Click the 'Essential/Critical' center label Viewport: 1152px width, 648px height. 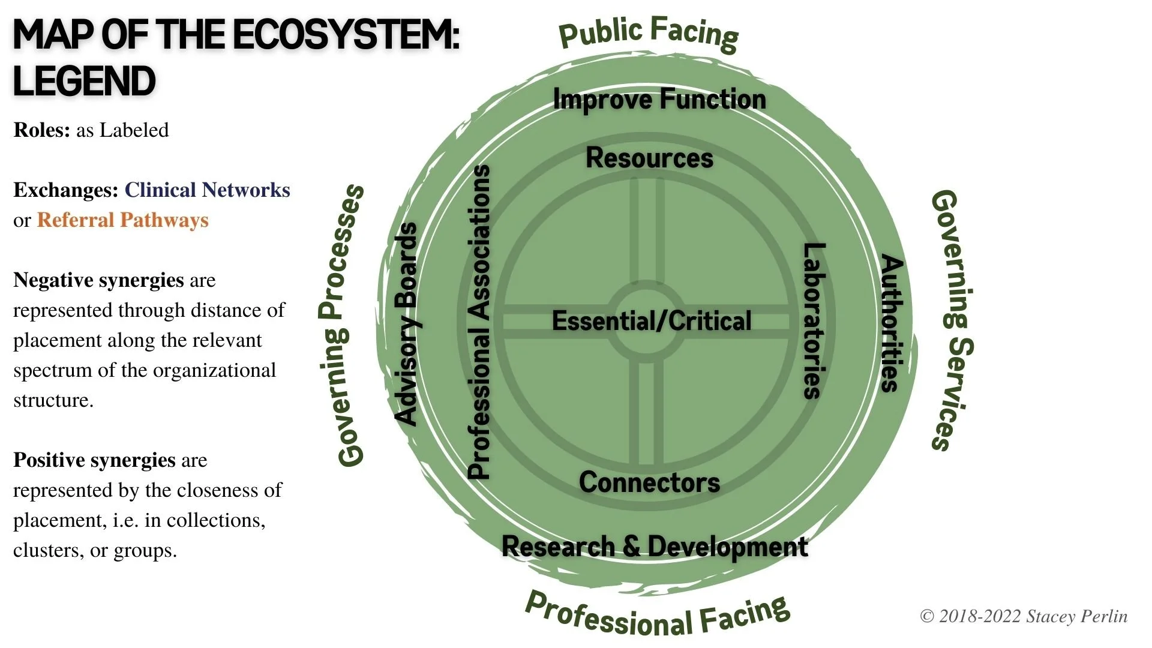(651, 321)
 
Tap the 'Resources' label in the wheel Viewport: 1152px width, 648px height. (649, 158)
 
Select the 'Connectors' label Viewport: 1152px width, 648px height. (649, 482)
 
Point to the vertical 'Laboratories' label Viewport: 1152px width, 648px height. (814, 321)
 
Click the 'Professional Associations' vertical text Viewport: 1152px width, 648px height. (479, 322)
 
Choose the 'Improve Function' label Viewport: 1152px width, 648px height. (659, 100)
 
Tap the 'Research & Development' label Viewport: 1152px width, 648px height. (655, 547)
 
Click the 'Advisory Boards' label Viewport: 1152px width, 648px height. (407, 325)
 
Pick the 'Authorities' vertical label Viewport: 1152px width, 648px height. (891, 323)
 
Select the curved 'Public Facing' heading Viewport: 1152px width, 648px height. (648, 34)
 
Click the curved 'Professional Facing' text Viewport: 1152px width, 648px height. (657, 616)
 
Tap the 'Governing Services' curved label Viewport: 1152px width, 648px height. (952, 321)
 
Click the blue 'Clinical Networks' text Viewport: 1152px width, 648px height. (207, 190)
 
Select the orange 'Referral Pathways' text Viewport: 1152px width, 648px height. (122, 220)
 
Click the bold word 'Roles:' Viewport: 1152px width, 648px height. (42, 130)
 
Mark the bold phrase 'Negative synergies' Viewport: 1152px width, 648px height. (98, 280)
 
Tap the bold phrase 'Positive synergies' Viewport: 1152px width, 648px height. (94, 460)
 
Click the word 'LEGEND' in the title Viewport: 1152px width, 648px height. (84, 82)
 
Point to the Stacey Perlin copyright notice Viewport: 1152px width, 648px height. (1024, 616)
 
